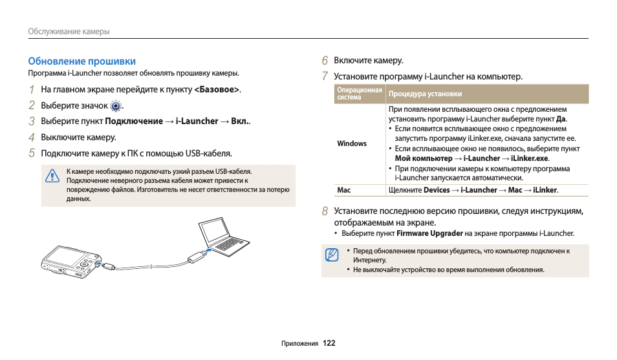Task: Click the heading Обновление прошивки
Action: pos(81,61)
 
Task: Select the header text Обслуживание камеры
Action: pos(69,31)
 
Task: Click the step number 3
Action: pos(31,121)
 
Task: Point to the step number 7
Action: pos(325,76)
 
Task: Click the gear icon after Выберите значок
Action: pos(116,106)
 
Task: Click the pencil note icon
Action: pos(332,255)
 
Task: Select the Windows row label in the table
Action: pos(352,143)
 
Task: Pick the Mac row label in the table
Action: pos(343,190)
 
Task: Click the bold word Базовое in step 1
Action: pos(217,89)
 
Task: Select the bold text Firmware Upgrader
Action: pos(429,233)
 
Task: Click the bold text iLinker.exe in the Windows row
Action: pos(529,158)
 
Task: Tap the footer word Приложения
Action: pos(300,344)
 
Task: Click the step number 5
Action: pos(31,153)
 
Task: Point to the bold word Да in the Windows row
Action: pos(561,119)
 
